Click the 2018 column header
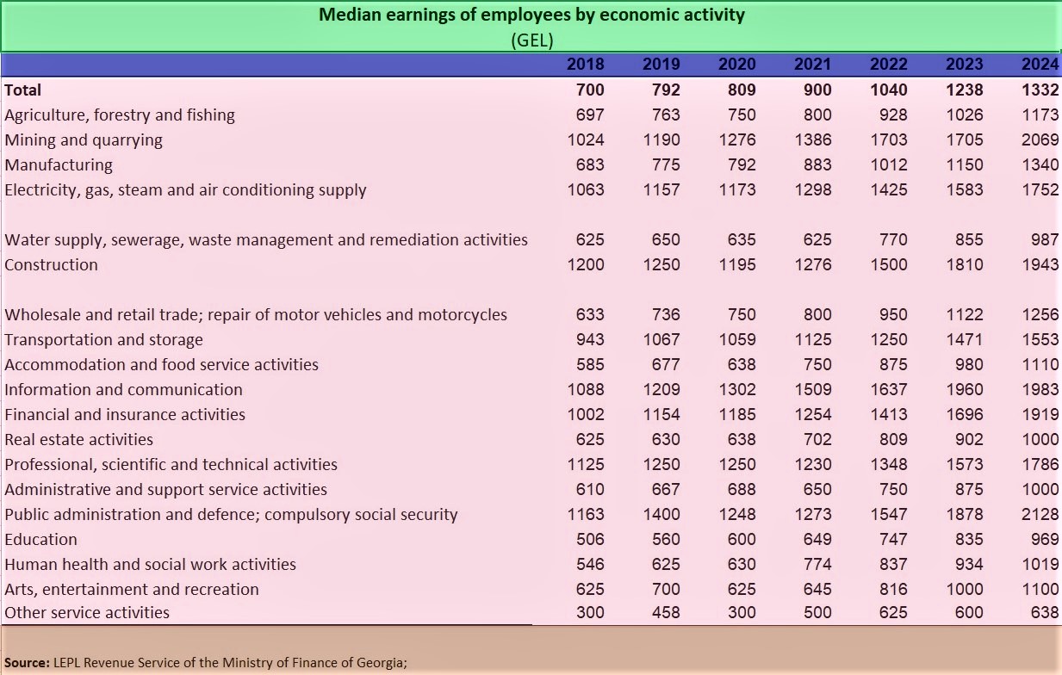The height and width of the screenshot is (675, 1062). pos(586,64)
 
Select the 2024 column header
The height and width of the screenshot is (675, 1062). pos(1040,64)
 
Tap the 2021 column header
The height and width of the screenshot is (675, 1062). pos(813,64)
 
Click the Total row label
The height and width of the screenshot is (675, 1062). pos(23,90)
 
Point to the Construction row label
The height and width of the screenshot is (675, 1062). pos(51,265)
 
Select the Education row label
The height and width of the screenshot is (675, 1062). pos(40,540)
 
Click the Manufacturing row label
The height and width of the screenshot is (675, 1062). pos(59,165)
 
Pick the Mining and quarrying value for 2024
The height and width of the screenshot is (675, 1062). pos(1040,140)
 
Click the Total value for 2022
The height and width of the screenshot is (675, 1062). pos(889,90)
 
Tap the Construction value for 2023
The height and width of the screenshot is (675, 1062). pos(964,265)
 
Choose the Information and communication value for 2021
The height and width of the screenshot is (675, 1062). pos(813,390)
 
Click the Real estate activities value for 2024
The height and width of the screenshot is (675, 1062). pos(1040,440)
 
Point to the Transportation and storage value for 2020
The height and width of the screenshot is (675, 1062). pos(737,340)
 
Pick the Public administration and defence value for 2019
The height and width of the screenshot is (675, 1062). pos(661,515)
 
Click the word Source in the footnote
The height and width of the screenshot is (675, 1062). pos(27,662)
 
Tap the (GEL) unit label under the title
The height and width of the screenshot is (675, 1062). pos(531,40)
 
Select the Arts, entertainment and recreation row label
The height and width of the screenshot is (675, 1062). pos(132,590)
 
